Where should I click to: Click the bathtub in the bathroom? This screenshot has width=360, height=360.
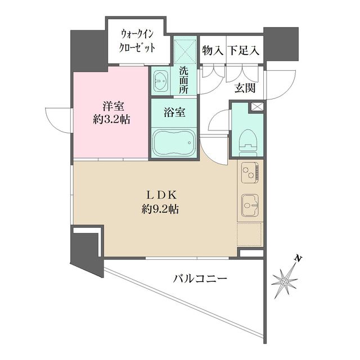tap(173, 143)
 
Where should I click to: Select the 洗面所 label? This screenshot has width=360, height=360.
tap(184, 79)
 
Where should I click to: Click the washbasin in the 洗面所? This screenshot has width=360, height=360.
tap(161, 82)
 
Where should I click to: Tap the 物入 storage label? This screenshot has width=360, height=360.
tap(213, 51)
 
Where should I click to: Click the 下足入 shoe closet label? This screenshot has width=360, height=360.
tap(243, 51)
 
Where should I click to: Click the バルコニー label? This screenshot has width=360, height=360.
tap(200, 278)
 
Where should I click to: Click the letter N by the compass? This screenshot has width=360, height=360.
tap(299, 259)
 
